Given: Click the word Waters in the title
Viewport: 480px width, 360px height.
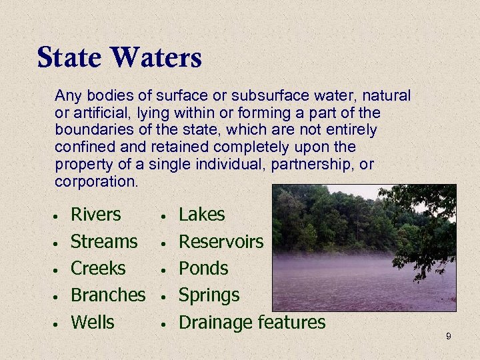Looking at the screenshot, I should click(157, 57).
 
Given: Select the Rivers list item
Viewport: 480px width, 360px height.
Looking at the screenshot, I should click(95, 215).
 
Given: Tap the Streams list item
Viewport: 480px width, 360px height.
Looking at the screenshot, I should click(104, 241).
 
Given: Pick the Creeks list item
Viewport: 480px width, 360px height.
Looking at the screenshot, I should click(97, 268).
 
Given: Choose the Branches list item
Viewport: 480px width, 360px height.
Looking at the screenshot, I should click(107, 295).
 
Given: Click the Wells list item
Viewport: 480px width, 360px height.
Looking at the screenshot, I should click(92, 322).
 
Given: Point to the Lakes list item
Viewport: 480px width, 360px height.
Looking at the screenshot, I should click(202, 215).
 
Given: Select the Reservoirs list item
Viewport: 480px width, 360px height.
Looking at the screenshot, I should click(221, 241).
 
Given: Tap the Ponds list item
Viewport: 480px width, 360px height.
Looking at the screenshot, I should click(203, 268).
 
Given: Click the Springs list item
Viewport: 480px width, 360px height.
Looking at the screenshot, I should click(209, 295).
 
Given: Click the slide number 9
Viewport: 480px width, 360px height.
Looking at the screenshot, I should click(448, 337).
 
